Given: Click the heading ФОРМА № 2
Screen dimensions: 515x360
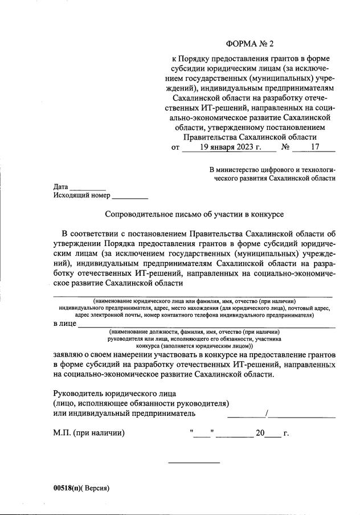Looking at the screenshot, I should (x=253, y=43).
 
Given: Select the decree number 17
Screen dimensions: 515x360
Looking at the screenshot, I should (x=314, y=148).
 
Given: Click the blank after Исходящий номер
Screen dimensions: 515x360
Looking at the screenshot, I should (x=130, y=197).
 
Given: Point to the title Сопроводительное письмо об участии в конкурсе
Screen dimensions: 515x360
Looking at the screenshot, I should (x=194, y=214).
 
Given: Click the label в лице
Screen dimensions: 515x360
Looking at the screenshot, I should (x=64, y=324).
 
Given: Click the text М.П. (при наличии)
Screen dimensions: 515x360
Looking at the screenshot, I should (x=88, y=433).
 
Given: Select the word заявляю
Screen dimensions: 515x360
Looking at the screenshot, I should (x=71, y=354).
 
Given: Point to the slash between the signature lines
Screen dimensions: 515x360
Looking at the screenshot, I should (x=267, y=414).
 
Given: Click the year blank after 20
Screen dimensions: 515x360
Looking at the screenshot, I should (x=273, y=434).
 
